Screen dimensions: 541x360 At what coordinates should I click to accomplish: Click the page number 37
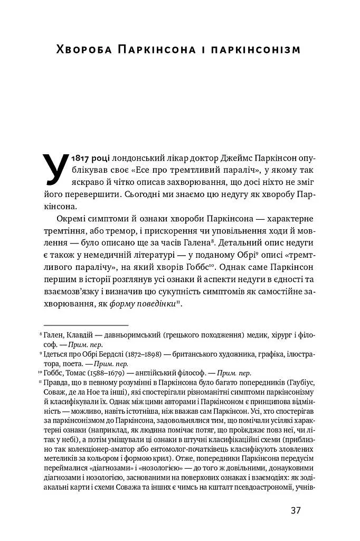(295, 511)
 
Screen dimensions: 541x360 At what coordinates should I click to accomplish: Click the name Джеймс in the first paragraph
(215, 158)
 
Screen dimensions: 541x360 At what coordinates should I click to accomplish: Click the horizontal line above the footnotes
(86, 325)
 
